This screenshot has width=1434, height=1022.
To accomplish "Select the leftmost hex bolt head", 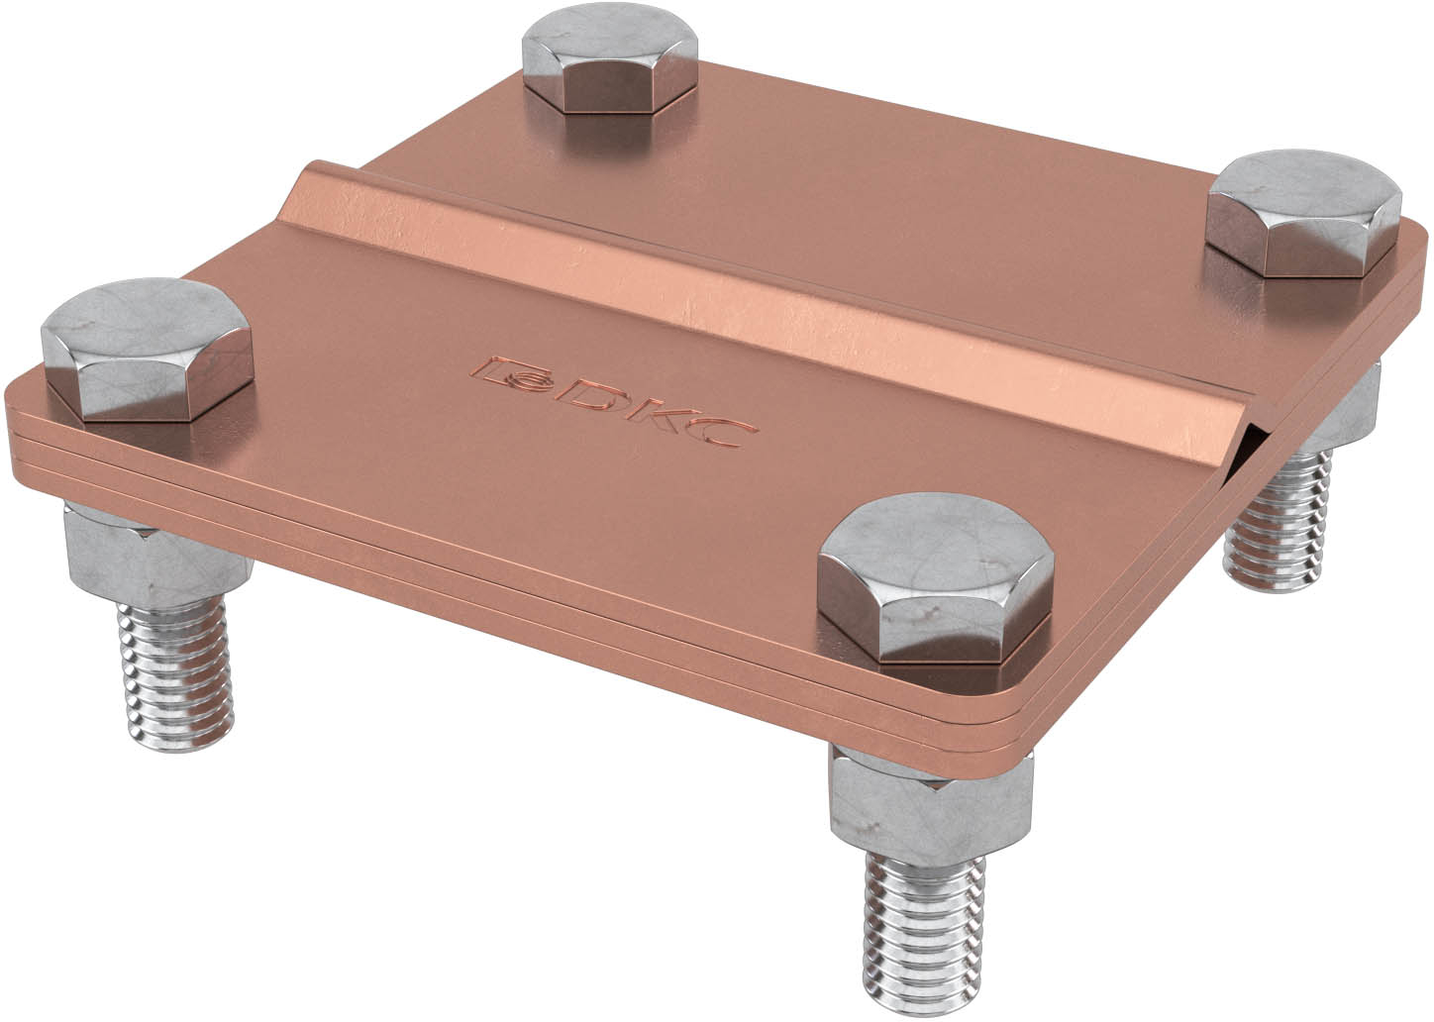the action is tap(148, 351).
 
